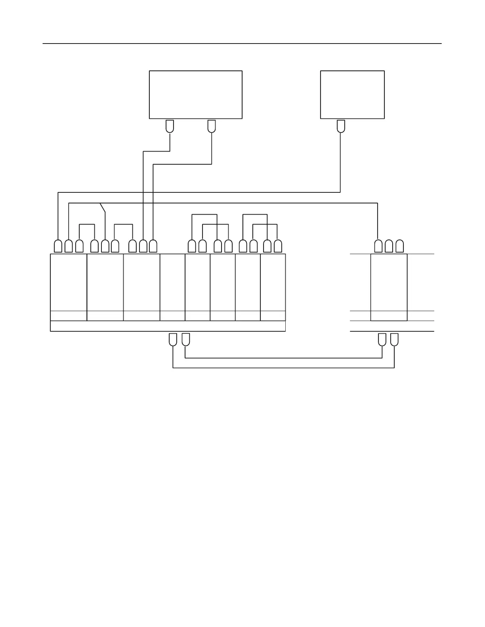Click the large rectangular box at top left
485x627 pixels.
[195, 95]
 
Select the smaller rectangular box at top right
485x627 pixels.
[352, 95]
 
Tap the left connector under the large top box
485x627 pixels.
[170, 126]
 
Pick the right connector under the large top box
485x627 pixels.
[212, 126]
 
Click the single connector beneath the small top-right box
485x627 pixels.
[340, 126]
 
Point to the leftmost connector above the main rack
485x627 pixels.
[58, 246]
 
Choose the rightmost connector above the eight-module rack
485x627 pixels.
[278, 246]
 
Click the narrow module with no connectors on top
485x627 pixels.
[172, 282]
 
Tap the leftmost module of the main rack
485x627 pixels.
[69, 282]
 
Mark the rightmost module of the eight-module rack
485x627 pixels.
[273, 282]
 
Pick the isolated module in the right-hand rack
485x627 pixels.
[389, 282]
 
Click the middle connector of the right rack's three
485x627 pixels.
[389, 246]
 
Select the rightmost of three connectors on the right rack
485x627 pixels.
[399, 246]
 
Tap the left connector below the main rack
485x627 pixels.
[173, 340]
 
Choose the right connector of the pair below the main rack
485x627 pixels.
[185, 340]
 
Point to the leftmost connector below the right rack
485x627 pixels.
[382, 340]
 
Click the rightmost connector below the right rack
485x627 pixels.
[394, 340]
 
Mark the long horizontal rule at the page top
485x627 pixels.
[242, 44]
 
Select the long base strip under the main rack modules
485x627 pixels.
[168, 326]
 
